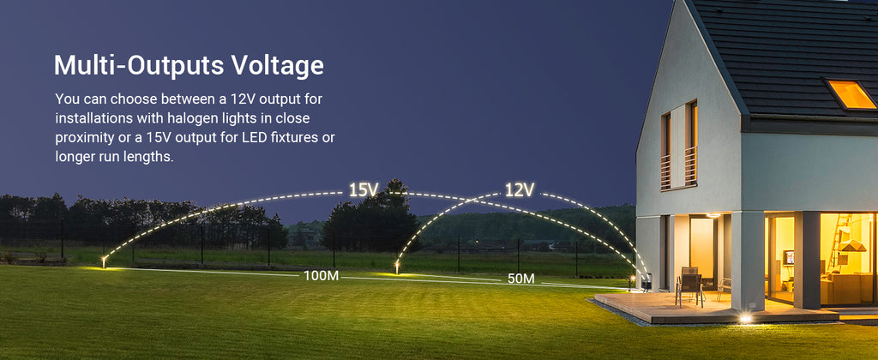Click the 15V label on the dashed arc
[364, 189]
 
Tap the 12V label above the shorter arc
[520, 189]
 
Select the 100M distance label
[321, 275]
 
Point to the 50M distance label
[520, 279]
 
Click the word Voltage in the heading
[278, 65]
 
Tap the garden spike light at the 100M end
[104, 261]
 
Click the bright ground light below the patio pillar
[745, 319]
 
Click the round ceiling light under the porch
[713, 215]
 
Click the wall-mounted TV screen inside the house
[790, 257]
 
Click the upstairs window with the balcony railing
[679, 146]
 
